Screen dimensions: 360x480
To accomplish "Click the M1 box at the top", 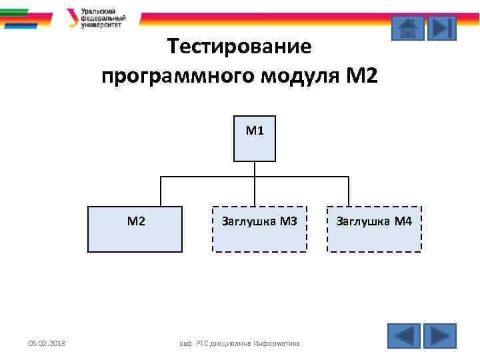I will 255,139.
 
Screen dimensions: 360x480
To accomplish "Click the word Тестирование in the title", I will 239,47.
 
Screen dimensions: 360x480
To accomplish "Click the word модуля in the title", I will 300,76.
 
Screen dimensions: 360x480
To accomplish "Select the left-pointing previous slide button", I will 404,335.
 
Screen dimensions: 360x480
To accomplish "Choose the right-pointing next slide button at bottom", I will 440,335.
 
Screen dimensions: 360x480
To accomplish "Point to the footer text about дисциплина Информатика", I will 241,344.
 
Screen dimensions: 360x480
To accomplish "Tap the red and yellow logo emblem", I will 72,17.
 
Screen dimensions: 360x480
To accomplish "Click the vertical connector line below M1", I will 255,169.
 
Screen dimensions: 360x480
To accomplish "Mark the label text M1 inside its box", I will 255,131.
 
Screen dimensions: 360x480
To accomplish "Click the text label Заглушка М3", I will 259,221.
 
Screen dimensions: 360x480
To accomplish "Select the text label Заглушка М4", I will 374,221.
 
